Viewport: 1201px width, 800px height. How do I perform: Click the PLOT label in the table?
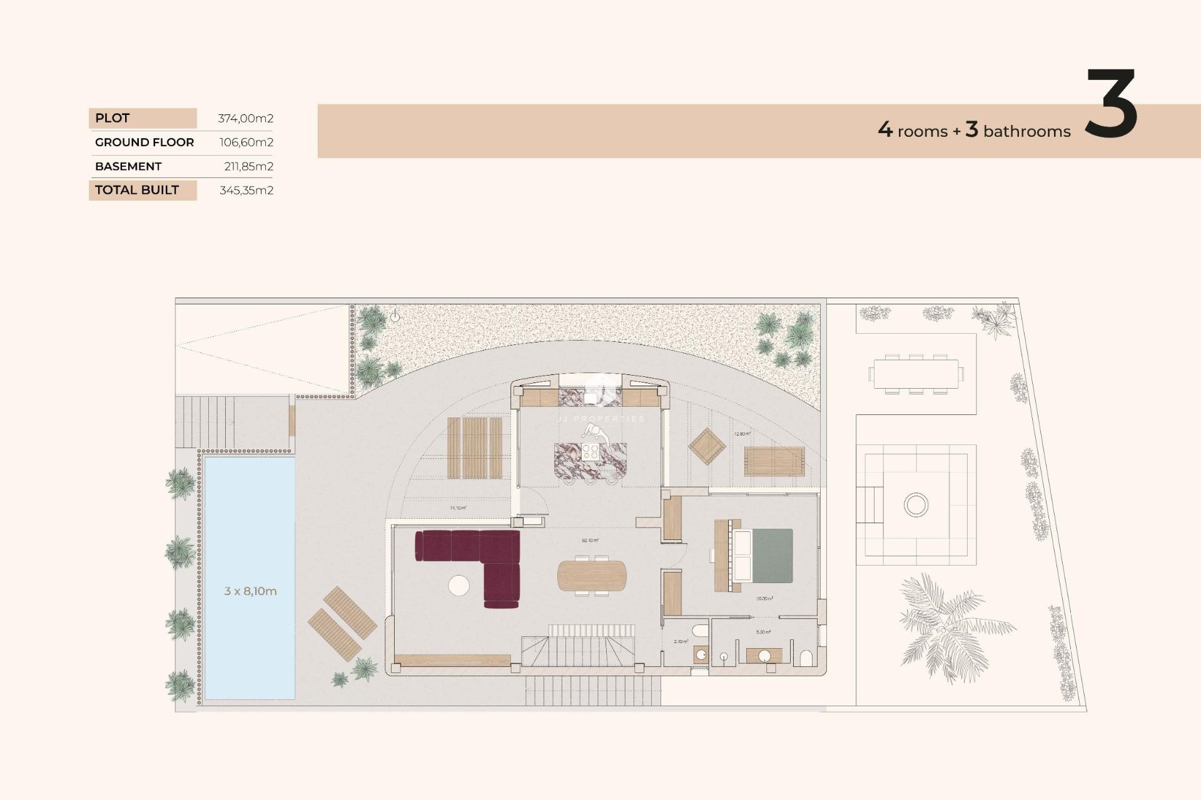113,118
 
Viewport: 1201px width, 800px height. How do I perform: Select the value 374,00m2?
245,118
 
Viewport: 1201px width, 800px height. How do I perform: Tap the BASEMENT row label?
128,166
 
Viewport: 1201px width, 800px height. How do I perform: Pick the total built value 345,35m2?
246,190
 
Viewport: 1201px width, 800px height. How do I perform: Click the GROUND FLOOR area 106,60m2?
246,142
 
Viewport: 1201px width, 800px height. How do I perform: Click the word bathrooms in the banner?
1026,131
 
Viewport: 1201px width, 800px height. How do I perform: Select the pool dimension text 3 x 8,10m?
250,591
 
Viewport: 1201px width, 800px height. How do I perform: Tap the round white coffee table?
459,586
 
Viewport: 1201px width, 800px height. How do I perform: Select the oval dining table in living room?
592,576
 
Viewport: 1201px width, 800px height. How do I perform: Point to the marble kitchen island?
590,461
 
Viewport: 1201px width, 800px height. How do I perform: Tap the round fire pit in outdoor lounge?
916,504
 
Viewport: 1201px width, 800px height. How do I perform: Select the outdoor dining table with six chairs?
916,374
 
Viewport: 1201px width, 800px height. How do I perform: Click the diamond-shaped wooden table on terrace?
707,446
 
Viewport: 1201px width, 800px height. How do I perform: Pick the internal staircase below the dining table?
579,650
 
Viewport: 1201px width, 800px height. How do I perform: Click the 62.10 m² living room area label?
590,541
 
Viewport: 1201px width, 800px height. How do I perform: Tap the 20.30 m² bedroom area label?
764,599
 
